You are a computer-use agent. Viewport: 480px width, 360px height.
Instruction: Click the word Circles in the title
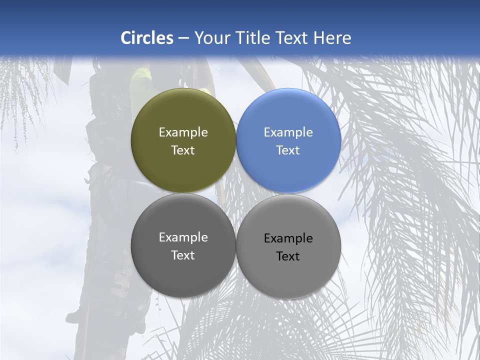(147, 38)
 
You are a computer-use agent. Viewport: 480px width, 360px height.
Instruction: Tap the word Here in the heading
(332, 38)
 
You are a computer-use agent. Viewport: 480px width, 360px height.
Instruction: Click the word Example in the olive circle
(183, 132)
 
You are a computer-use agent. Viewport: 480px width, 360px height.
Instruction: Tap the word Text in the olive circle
(183, 150)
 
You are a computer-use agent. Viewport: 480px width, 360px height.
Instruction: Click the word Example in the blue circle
(288, 132)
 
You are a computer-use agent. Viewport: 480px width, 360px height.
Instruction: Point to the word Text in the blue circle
(288, 150)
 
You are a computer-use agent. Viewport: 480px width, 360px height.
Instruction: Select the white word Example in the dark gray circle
(183, 237)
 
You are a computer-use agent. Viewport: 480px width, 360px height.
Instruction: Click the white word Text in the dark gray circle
(183, 255)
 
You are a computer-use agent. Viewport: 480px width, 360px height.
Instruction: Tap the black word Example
(288, 238)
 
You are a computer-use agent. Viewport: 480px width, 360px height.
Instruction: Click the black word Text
(288, 256)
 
